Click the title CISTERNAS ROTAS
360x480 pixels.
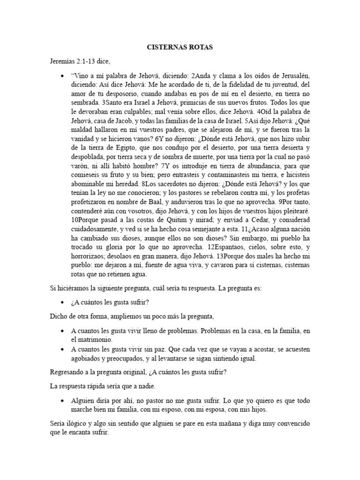180,47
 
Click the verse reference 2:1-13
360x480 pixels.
89,60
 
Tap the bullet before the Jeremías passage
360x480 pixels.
62,76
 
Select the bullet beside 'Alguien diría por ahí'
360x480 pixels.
62,402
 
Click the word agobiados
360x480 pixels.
87,359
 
